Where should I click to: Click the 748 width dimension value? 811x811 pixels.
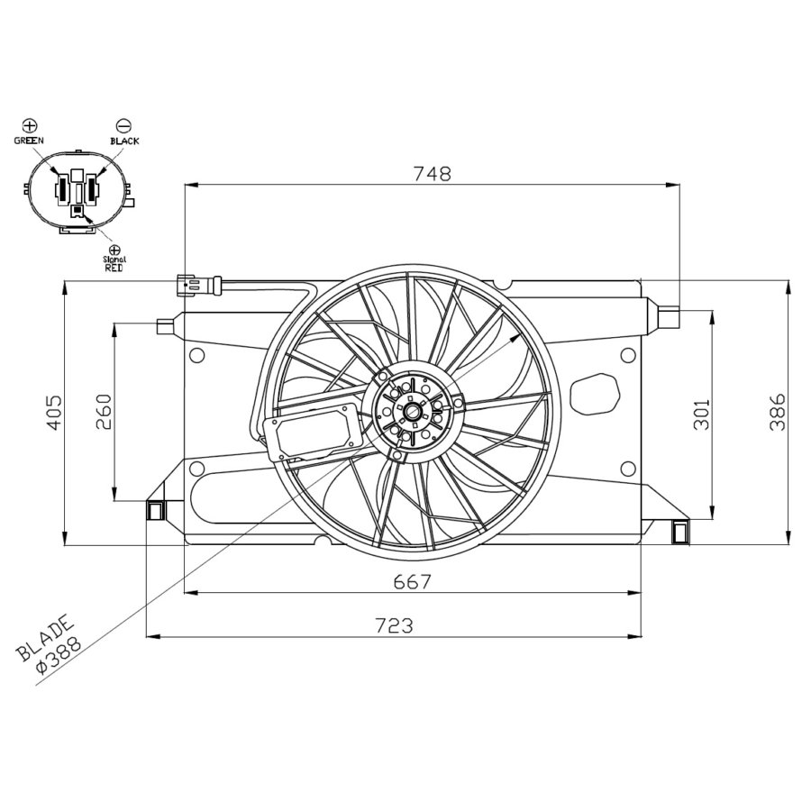click(x=432, y=174)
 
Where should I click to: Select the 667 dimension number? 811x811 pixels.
click(x=412, y=582)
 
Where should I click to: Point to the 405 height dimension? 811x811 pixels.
click(x=53, y=412)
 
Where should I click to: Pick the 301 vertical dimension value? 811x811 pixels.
click(x=702, y=412)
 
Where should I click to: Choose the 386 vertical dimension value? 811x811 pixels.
click(x=777, y=412)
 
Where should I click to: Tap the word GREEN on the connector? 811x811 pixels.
click(x=29, y=141)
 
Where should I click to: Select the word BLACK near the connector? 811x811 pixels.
click(x=124, y=141)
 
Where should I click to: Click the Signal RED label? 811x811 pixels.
click(x=114, y=263)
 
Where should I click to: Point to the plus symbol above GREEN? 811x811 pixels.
click(x=29, y=125)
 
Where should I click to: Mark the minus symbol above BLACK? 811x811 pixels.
click(x=124, y=126)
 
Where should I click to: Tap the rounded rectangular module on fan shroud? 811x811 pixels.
click(x=315, y=431)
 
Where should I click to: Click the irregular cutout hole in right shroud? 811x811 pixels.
click(x=596, y=393)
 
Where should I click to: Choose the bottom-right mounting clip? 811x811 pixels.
click(x=680, y=531)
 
